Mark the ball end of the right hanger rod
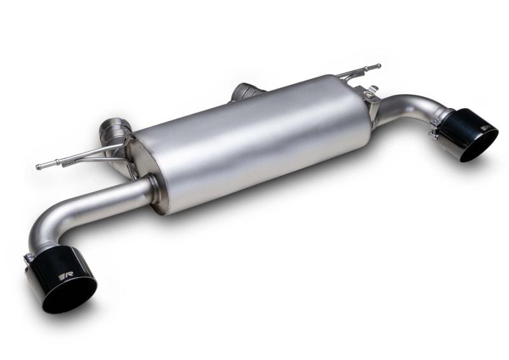coord(378,66)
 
